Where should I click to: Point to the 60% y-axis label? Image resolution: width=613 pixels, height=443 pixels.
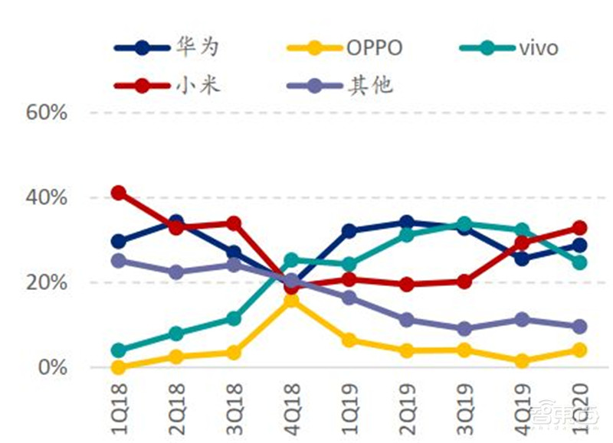48,112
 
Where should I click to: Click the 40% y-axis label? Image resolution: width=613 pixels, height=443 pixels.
48,198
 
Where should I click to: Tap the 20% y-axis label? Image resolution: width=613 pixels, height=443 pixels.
48,283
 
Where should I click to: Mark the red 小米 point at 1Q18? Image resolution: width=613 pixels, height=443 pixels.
118,193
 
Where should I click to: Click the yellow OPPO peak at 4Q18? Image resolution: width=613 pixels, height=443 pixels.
291,301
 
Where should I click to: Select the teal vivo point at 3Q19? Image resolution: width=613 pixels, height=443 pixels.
464,224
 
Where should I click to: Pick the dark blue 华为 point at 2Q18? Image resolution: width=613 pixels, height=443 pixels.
176,222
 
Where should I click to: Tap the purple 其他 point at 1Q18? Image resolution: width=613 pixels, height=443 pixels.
118,261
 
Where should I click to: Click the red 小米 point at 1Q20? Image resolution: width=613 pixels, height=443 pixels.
579,228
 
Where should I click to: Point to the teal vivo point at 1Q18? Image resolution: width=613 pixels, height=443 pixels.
118,350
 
